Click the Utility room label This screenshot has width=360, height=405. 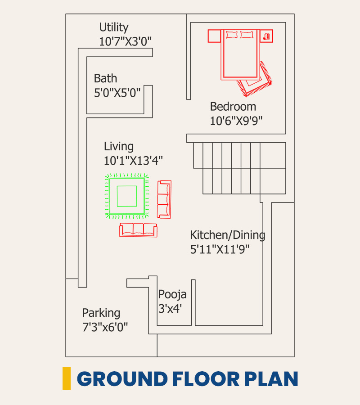coord(114,27)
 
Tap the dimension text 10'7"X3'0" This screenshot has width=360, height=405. coord(125,41)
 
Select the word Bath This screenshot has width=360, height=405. coord(105,78)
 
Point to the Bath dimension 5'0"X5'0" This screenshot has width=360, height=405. coord(117,92)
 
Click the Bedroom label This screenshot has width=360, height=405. coord(233,106)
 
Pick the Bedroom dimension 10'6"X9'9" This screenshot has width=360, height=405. coord(236,121)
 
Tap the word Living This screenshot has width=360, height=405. coord(119,147)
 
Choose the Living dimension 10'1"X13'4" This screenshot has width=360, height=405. coord(133,160)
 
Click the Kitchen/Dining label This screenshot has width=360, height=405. coord(228,235)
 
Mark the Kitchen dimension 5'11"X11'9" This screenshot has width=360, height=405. coord(220,249)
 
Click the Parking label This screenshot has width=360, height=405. coord(101,313)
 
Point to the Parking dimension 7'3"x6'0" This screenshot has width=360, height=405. coord(105,327)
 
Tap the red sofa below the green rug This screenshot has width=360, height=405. coord(138,230)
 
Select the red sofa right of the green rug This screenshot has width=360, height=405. coord(164,199)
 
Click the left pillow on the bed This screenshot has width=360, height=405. coord(232,35)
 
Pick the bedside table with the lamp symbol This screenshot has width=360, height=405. coord(266,36)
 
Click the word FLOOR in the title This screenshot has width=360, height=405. coord(206,378)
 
